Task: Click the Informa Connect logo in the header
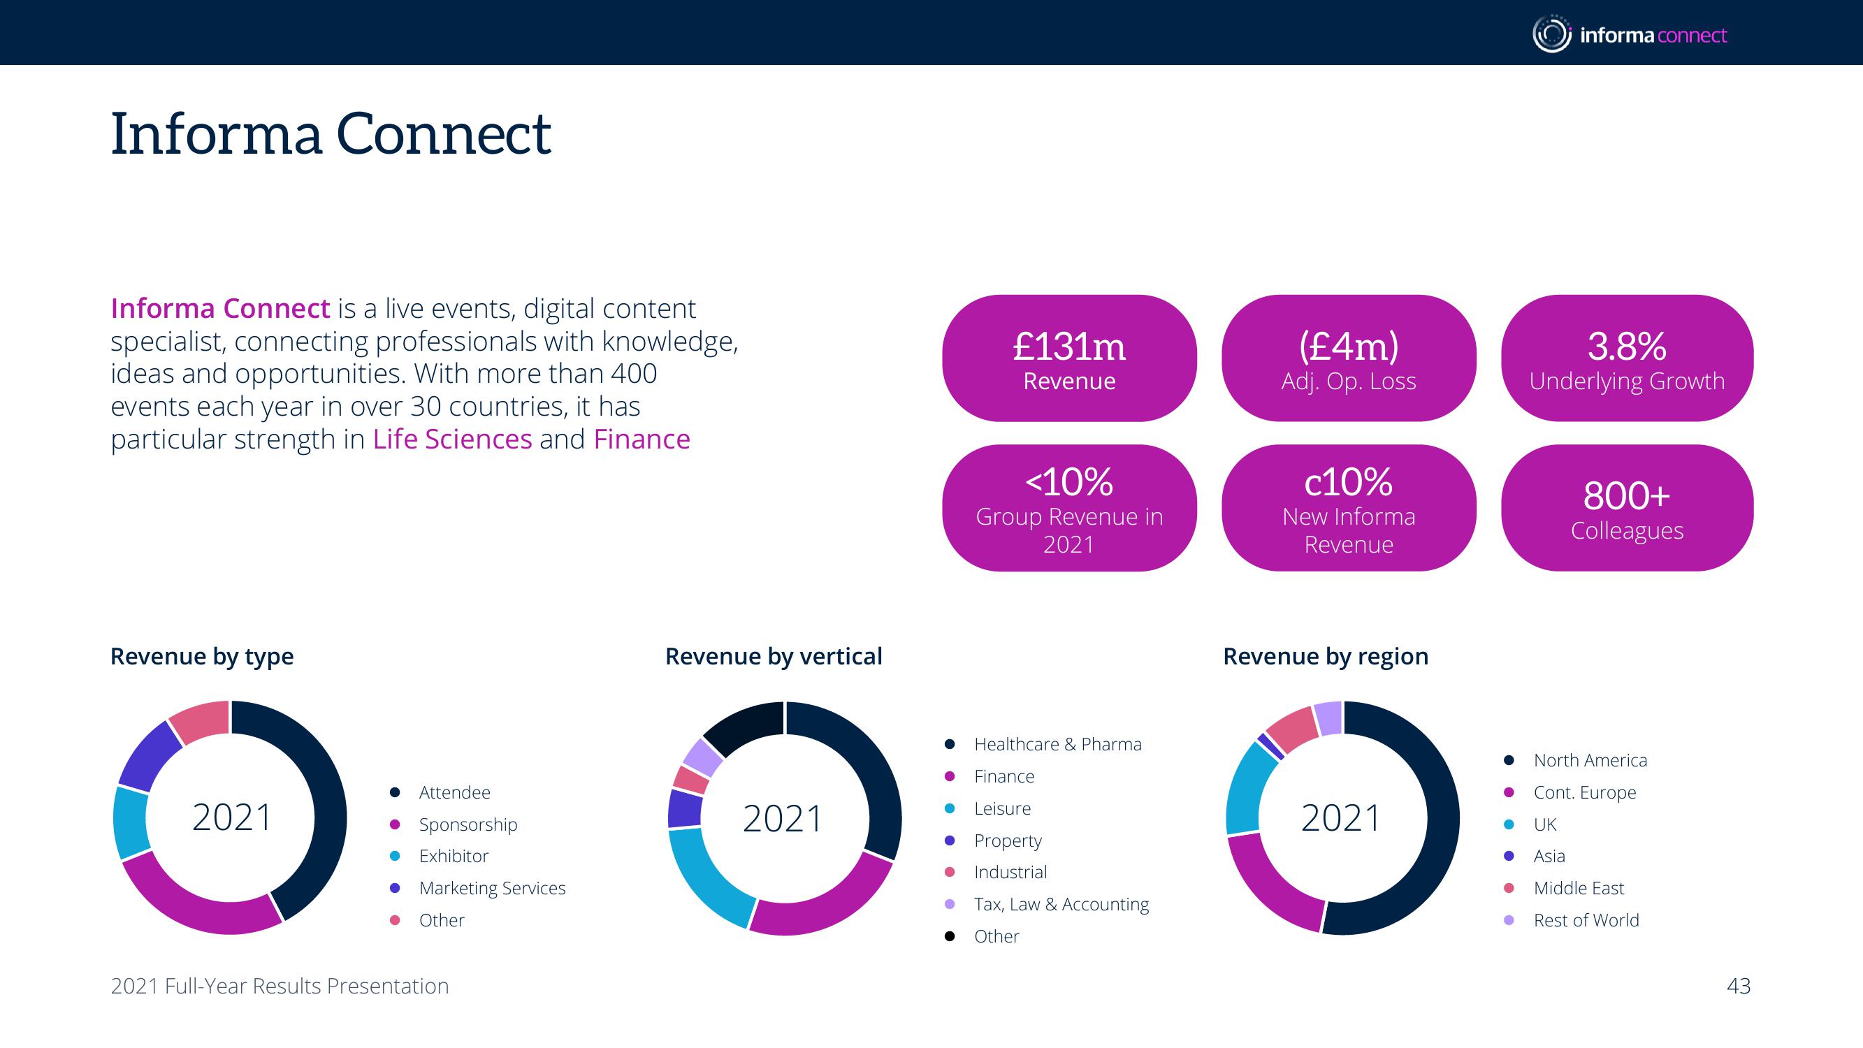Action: pos(1630,34)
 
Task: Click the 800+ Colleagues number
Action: pos(1627,496)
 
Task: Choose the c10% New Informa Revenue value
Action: pos(1348,481)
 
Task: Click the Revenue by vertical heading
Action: pos(773,656)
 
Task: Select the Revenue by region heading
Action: pos(1326,656)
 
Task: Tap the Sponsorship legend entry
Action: pos(468,824)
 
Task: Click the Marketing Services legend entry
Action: pos(492,888)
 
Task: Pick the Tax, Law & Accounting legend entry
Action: pos(1061,904)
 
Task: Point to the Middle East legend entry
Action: pos(1579,888)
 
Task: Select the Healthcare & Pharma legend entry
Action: pos(1057,744)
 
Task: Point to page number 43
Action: pos(1739,986)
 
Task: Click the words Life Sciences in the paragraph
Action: pos(453,439)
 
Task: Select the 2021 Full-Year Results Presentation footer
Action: pos(280,986)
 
